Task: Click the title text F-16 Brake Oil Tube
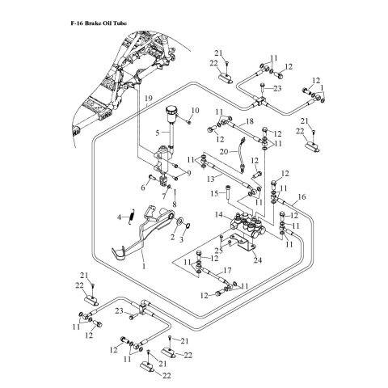[99, 23]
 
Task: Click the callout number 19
[149, 98]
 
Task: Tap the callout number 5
[158, 133]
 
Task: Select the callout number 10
[195, 111]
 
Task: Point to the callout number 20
[224, 152]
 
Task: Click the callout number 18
[250, 121]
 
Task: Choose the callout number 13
[211, 179]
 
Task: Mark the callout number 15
[214, 193]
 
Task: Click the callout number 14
[219, 215]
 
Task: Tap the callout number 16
[302, 196]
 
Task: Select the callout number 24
[258, 260]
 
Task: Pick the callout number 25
[219, 251]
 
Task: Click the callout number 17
[227, 270]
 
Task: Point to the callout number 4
[119, 217]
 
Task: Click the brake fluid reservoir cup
[171, 113]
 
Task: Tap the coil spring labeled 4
[132, 217]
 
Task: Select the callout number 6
[143, 188]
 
